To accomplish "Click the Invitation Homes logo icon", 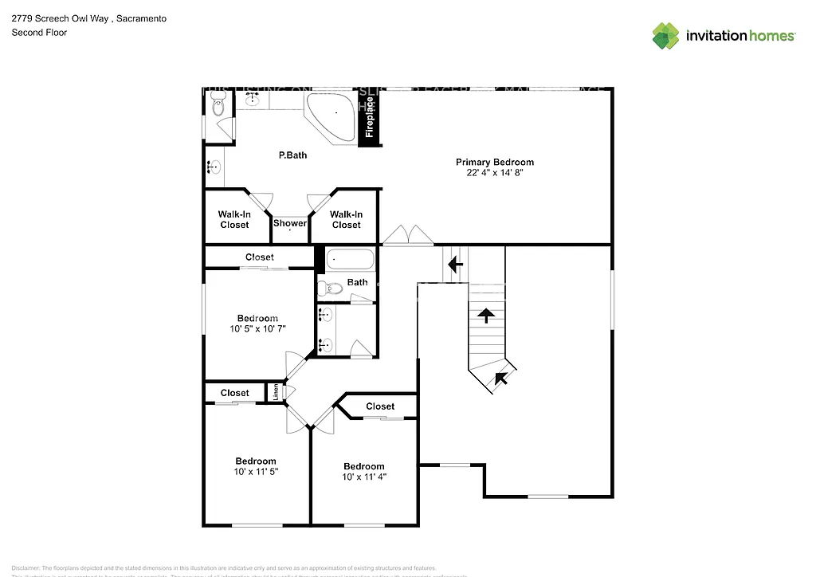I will click(665, 36).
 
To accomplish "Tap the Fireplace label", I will click(370, 117).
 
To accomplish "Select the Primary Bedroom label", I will click(495, 162).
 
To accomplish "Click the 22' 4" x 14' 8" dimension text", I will click(495, 172).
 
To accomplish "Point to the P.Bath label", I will click(292, 155).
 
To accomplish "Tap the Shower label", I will click(290, 223).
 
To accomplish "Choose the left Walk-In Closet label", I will click(234, 219).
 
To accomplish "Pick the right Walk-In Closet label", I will click(346, 219).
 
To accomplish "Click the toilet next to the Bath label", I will click(329, 288).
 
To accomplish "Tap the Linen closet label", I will click(277, 391).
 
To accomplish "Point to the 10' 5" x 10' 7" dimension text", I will click(257, 329).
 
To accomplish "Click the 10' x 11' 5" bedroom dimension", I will click(256, 472).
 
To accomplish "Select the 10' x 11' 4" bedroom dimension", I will click(363, 477).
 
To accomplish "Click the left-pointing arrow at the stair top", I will click(455, 264).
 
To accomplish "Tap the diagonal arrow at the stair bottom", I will click(500, 378).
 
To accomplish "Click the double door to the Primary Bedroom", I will click(407, 236).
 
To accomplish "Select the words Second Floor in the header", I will click(39, 33).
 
